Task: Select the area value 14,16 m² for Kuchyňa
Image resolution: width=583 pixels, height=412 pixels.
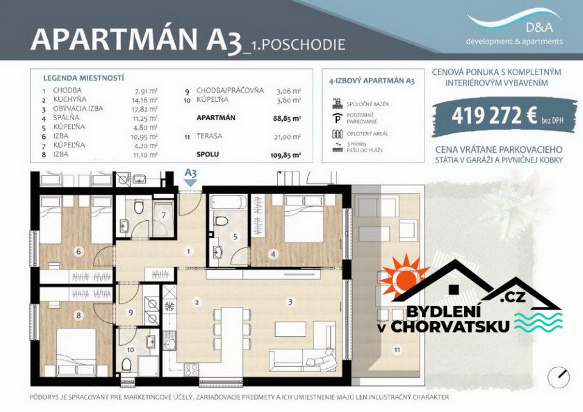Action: tap(146, 100)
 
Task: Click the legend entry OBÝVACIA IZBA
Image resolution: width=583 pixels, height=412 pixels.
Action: tap(78, 109)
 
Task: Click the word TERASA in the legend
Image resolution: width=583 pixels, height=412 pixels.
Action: tap(210, 137)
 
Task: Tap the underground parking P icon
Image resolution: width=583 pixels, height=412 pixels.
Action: tap(337, 118)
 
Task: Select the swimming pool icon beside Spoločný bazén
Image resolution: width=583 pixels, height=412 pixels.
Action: tap(337, 104)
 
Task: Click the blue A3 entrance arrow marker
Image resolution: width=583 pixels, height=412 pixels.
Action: tap(191, 183)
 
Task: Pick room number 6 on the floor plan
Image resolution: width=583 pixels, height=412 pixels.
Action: tap(78, 252)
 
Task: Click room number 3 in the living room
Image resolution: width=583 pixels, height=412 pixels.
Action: tap(290, 302)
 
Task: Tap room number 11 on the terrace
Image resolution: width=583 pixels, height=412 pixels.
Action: tap(397, 350)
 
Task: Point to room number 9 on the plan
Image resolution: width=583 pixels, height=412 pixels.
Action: tap(131, 312)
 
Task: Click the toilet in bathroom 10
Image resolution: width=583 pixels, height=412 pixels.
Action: tap(126, 363)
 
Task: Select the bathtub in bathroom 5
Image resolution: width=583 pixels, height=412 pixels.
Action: tap(228, 203)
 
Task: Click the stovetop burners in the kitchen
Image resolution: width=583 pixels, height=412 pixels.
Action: tap(191, 368)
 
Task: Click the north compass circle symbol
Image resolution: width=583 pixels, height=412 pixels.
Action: tap(559, 376)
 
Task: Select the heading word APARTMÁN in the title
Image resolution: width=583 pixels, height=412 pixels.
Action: tap(114, 39)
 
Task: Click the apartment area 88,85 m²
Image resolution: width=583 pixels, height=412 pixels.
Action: tap(287, 118)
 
